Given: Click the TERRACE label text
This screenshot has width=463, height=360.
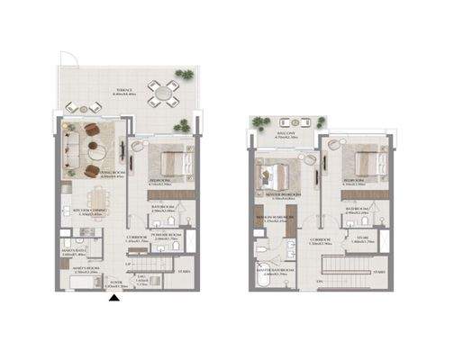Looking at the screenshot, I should [123, 90].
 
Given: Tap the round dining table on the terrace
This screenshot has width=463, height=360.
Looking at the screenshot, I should [163, 92].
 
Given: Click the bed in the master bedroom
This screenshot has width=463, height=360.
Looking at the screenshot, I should [273, 171].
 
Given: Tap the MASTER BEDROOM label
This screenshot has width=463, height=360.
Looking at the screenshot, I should [282, 193].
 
